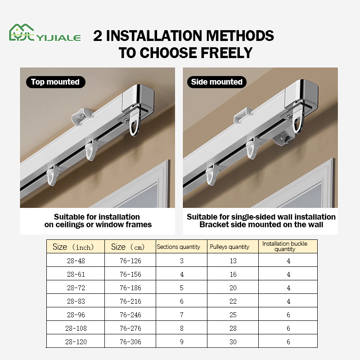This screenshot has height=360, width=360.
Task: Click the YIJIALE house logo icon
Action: point(20,33)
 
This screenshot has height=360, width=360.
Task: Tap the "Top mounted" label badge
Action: point(55,82)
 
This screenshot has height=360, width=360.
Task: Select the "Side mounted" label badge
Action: point(216,82)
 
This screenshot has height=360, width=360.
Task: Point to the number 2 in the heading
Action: point(98,36)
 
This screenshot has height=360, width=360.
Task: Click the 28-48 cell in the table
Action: point(76,261)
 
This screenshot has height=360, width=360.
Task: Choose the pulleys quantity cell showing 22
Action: point(233,301)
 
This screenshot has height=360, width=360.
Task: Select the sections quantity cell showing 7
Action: point(182,315)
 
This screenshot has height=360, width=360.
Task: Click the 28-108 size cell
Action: point(76,328)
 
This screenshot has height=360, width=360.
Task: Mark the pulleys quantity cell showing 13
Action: point(233,261)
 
